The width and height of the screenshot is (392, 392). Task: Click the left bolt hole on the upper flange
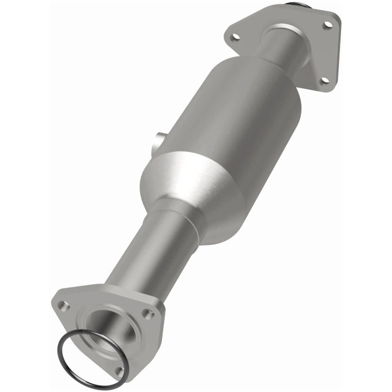pyautogui.click(x=235, y=37)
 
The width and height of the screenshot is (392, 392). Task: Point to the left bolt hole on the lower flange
pyautogui.click(x=64, y=306)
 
